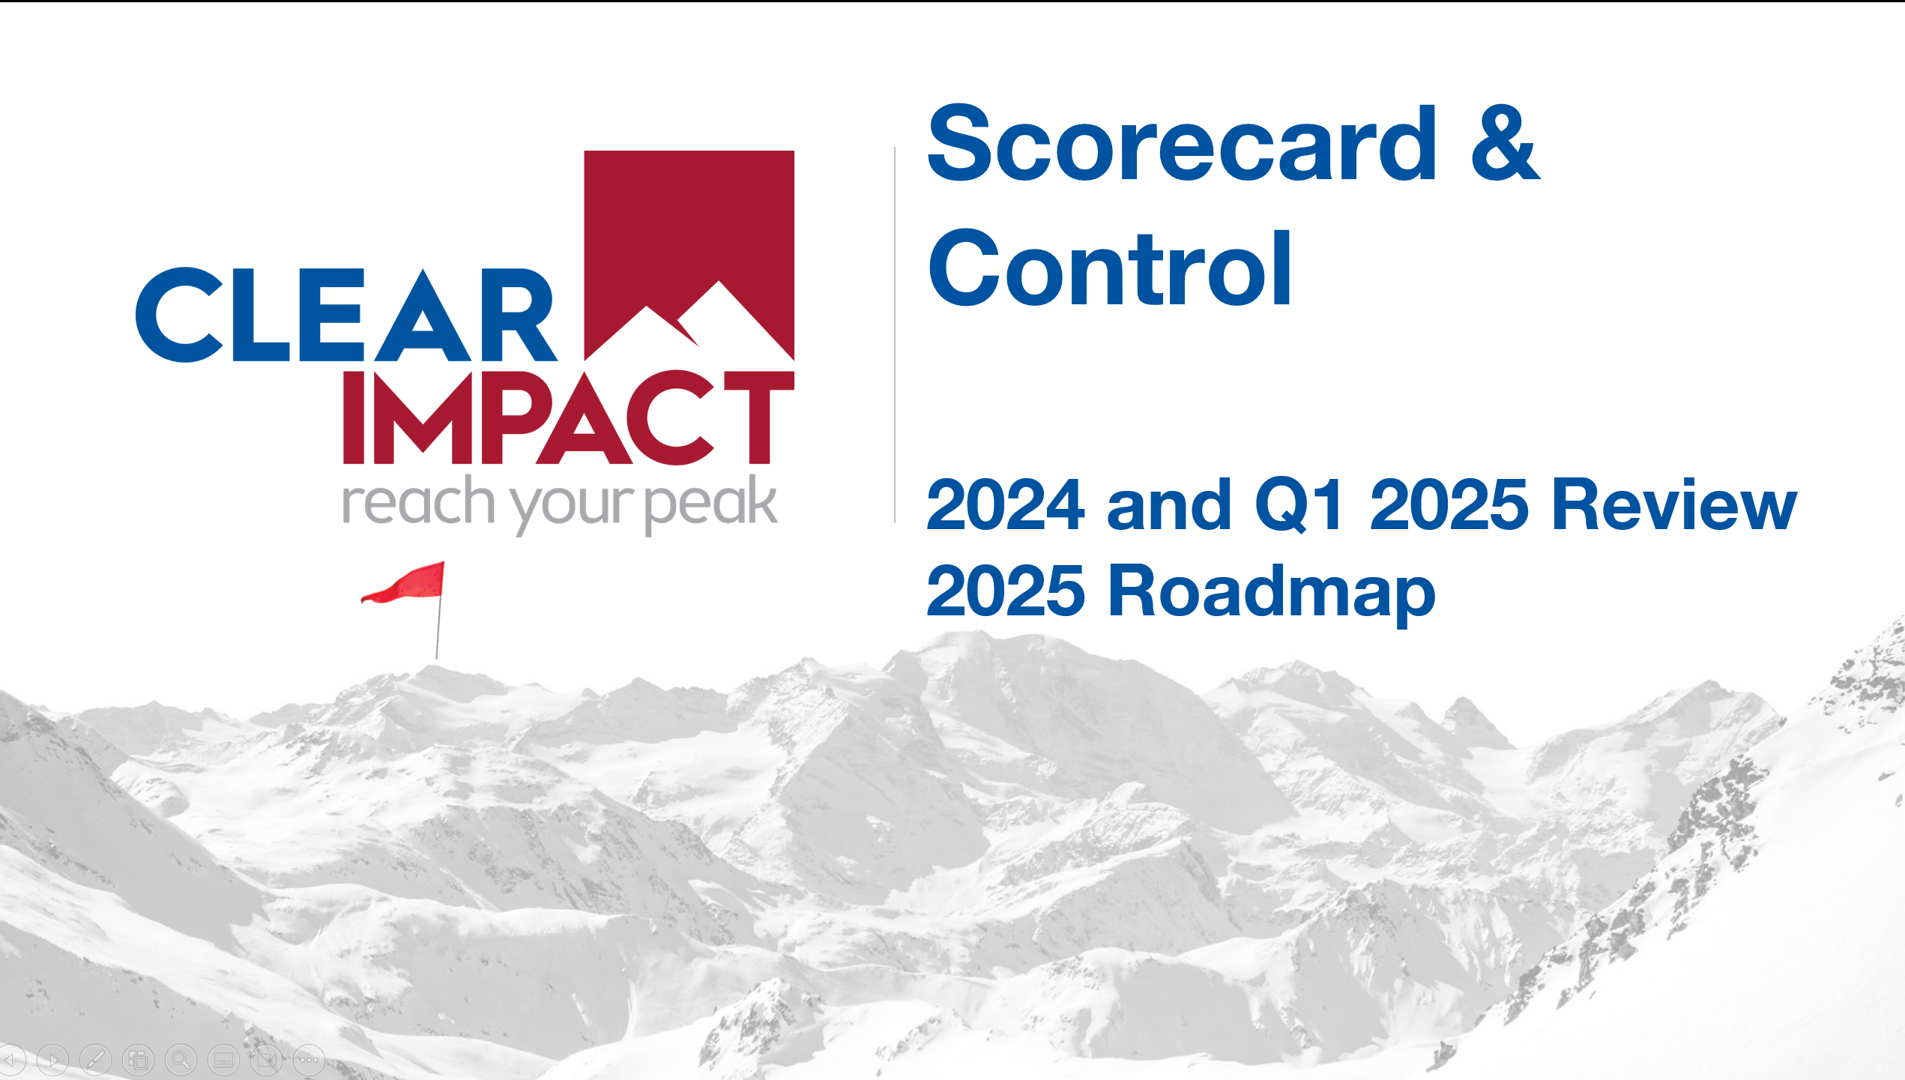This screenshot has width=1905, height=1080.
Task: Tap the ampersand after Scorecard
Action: click(1505, 143)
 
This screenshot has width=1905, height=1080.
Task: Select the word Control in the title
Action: click(1110, 268)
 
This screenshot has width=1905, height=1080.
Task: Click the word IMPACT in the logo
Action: click(568, 417)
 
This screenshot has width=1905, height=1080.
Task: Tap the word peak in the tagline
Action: click(710, 504)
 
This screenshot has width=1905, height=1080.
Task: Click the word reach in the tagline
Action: click(417, 503)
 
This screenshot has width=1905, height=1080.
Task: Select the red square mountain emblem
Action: click(689, 256)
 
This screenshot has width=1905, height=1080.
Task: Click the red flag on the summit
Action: click(404, 583)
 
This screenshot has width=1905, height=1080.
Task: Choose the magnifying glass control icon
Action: click(181, 1060)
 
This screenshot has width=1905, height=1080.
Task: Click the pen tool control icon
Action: click(95, 1060)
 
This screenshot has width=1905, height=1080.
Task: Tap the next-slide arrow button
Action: click(52, 1060)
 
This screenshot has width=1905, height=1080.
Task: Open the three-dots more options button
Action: click(309, 1060)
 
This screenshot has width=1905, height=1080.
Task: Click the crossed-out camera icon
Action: click(266, 1060)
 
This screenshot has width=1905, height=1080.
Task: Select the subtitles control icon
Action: click(223, 1060)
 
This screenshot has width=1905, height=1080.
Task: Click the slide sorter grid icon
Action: click(138, 1060)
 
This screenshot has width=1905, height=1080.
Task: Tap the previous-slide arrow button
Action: click(11, 1060)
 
